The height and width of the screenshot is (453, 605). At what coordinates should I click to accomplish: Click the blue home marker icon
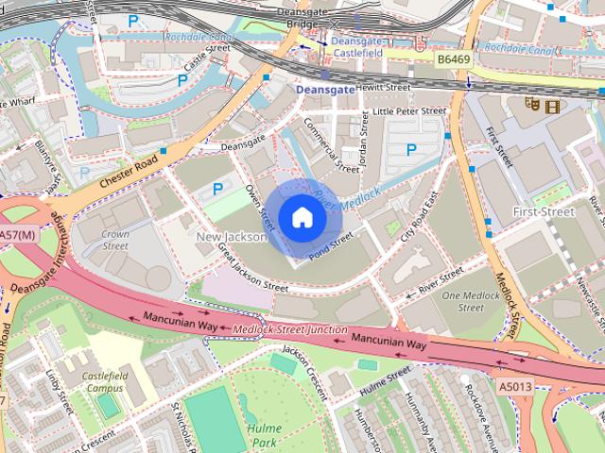coord(301,218)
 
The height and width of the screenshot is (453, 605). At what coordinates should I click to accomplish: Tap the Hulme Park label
coord(265,433)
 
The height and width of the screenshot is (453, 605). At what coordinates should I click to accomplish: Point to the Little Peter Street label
coord(408,110)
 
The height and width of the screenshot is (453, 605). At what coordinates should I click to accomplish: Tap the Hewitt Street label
coord(383,87)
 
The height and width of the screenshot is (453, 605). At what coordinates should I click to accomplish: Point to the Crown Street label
coord(115,240)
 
